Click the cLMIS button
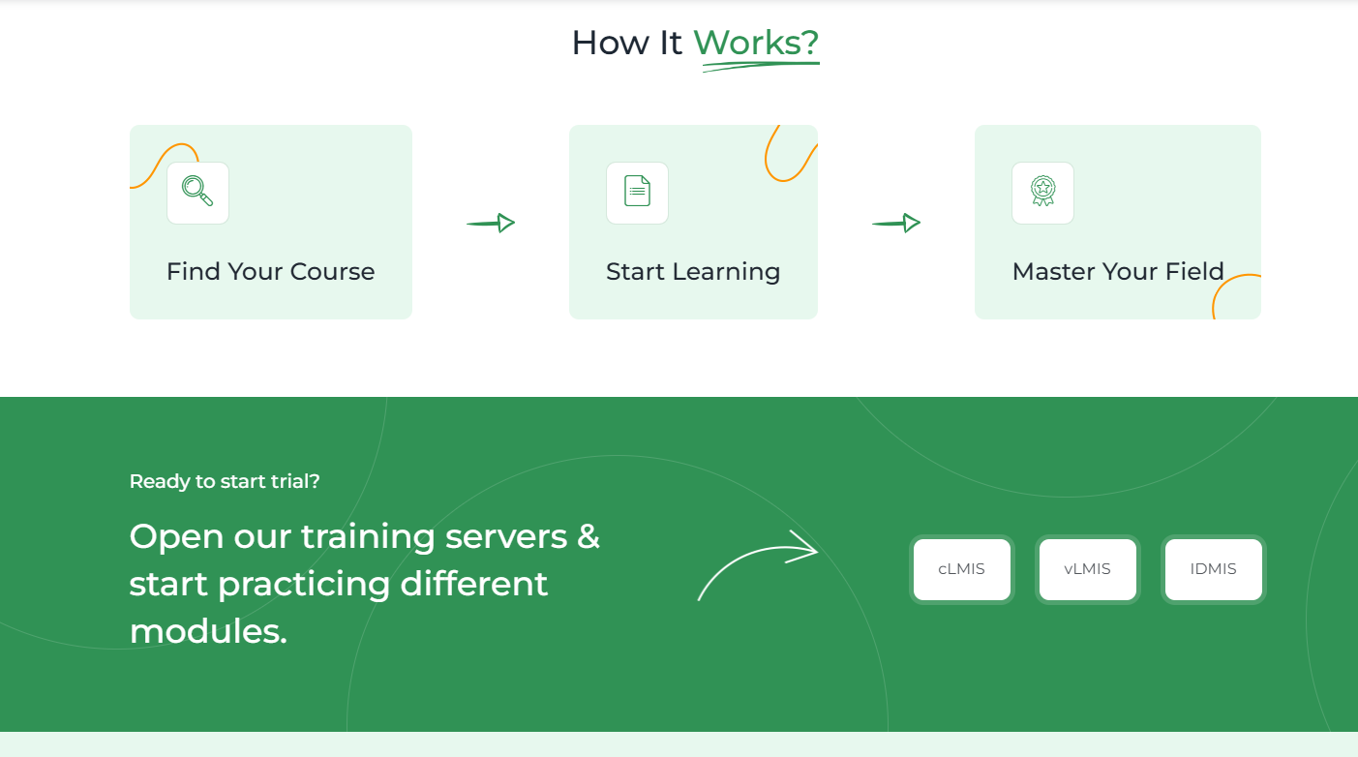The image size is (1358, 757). pos(961,569)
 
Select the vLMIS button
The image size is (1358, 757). pos(1088,569)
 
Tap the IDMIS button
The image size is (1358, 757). pos(1213,569)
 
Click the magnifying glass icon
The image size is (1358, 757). pos(197,191)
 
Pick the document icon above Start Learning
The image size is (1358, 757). pos(637,191)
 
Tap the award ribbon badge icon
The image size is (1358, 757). pos(1042,191)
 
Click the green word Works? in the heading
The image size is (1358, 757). pos(756,43)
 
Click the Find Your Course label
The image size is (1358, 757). pos(270,271)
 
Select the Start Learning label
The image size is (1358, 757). pos(693,271)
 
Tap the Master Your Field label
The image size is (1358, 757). pos(1118,271)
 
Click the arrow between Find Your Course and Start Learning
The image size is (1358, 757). pos(491,223)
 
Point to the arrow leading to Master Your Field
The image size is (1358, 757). pos(896,223)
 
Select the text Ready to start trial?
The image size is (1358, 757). pos(225,481)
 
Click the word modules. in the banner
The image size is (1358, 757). pos(208,631)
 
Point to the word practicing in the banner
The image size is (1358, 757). pos(304,585)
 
